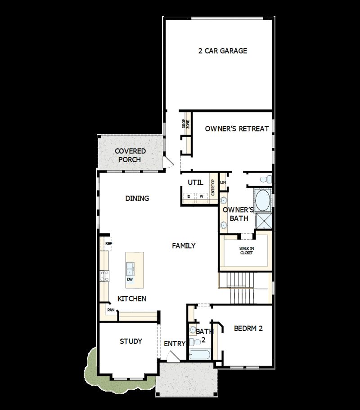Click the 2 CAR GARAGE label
click(x=223, y=51)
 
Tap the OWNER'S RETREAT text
click(x=237, y=129)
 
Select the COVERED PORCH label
click(x=130, y=155)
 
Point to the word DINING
click(x=137, y=198)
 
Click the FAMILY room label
click(x=184, y=245)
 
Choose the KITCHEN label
click(x=132, y=299)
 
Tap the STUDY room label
click(x=131, y=341)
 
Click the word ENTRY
click(x=175, y=344)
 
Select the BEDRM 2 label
click(x=248, y=328)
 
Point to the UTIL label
click(x=195, y=182)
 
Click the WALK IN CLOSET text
click(x=246, y=250)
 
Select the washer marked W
click(x=202, y=196)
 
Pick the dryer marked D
click(x=189, y=196)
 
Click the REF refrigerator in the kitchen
click(x=108, y=244)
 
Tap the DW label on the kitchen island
click(x=130, y=279)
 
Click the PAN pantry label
click(x=110, y=310)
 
